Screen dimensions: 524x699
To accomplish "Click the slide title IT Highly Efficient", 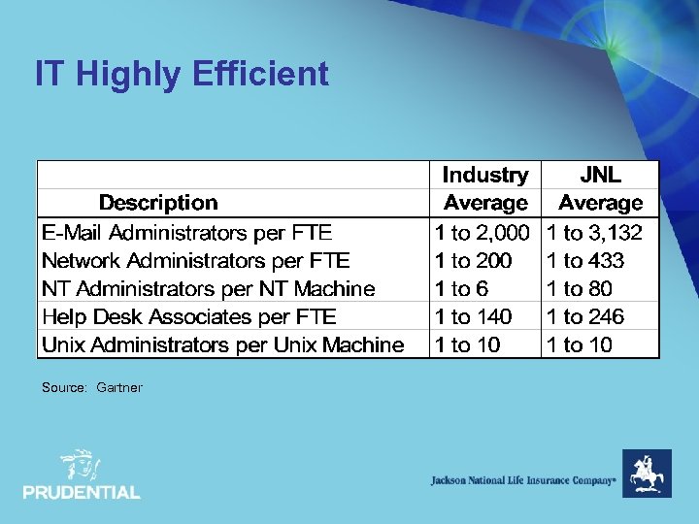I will click(x=182, y=74).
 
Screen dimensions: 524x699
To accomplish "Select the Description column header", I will click(x=158, y=203).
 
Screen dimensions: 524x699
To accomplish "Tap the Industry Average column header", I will click(x=484, y=189).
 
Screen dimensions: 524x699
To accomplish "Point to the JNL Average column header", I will click(x=600, y=189).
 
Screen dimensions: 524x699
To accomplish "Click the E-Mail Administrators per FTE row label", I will click(x=186, y=233).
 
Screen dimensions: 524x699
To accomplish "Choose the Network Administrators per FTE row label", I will click(x=195, y=261).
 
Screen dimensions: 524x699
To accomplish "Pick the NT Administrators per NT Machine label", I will click(x=208, y=289).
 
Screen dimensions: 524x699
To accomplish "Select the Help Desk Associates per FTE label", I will click(x=188, y=317).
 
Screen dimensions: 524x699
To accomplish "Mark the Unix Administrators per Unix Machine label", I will click(x=222, y=345).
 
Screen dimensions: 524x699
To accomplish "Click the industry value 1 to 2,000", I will click(x=483, y=233).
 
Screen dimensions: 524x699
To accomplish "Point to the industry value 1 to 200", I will click(x=474, y=261).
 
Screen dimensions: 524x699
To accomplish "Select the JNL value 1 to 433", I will click(x=585, y=261).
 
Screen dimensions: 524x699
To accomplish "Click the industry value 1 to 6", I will click(x=461, y=289).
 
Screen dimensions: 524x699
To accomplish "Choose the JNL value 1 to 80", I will click(x=580, y=289).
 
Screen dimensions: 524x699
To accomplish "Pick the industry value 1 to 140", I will click(x=474, y=317).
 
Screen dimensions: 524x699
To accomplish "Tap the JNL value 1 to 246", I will click(x=585, y=317).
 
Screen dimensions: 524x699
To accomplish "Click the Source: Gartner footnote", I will click(x=91, y=388).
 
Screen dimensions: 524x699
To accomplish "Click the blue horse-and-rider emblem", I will click(x=646, y=474).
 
